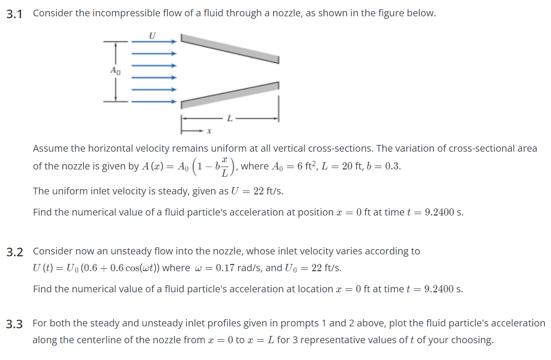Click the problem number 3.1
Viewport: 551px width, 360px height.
14,14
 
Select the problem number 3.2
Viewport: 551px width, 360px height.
14,252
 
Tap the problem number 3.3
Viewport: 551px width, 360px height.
14,324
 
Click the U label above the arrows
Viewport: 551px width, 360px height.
153,35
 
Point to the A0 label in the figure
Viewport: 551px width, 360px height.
115,71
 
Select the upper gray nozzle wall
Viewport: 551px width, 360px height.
229,48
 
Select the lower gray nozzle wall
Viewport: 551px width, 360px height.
229,95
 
